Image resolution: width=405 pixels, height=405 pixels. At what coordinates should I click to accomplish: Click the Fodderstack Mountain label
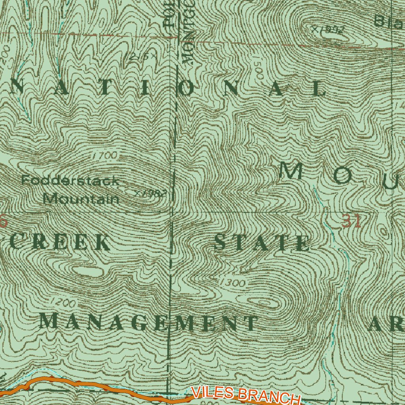[70, 190]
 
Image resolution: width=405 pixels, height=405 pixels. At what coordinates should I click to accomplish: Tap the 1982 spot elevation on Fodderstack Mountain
[150, 193]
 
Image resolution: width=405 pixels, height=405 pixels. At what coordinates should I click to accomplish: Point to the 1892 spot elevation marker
[328, 29]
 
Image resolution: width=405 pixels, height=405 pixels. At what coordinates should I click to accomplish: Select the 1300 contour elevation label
[231, 282]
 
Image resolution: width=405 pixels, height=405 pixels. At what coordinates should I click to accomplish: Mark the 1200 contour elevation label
[62, 303]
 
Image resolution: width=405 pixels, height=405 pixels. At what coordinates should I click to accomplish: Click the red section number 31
[351, 222]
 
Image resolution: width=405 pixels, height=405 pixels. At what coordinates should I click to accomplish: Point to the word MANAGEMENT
[148, 322]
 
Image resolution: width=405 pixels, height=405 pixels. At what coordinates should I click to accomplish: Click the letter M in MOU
[291, 171]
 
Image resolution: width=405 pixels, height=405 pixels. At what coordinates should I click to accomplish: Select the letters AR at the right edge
[386, 325]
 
